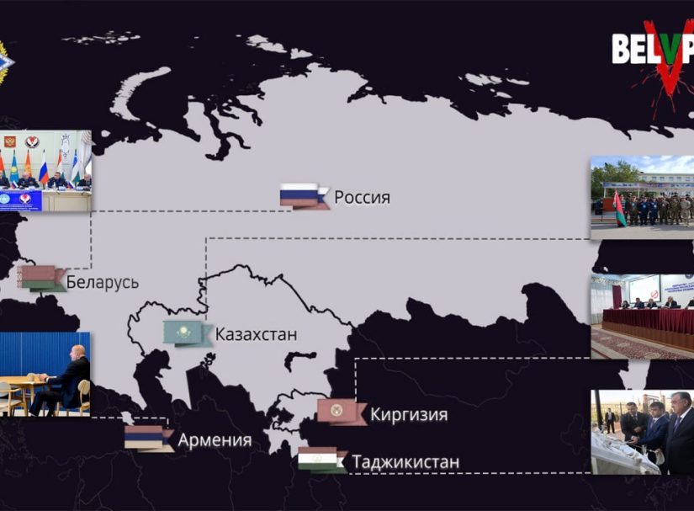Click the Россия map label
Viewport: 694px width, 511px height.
[363, 198]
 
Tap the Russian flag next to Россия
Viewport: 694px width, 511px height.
[303, 195]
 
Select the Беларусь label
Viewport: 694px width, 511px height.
[102, 282]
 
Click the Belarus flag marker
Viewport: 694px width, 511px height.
[41, 278]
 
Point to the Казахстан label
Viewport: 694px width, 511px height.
[256, 334]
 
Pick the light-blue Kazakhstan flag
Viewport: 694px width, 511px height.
[187, 333]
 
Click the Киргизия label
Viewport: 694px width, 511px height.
[408, 414]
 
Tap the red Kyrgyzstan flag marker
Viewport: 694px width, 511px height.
[341, 412]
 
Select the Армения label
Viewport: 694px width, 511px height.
[215, 440]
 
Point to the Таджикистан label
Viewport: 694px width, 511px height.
[405, 462]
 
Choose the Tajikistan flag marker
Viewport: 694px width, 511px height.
[321, 460]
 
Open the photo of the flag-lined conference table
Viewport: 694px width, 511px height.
[45, 170]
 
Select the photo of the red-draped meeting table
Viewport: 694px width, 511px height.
[642, 317]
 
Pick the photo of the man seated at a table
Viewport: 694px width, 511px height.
[45, 375]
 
